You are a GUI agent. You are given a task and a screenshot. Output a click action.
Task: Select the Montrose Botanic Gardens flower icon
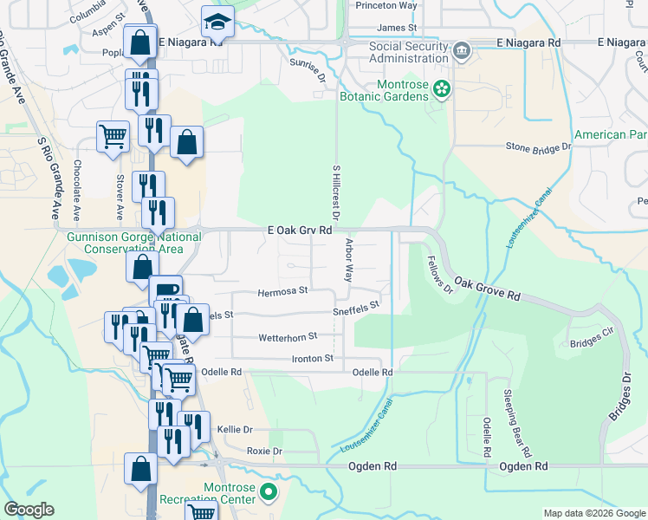[442, 88]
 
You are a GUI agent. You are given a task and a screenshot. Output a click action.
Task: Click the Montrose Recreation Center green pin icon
[269, 494]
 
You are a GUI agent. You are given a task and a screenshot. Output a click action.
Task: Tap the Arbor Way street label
[349, 261]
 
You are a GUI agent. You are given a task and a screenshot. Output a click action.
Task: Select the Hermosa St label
[282, 291]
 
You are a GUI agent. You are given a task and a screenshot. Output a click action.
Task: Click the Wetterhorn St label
[288, 336]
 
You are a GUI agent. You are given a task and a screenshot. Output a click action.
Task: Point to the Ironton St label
[312, 358]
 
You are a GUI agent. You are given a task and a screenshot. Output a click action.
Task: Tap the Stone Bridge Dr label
[538, 147]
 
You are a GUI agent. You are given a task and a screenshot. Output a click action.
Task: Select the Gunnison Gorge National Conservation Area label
[129, 243]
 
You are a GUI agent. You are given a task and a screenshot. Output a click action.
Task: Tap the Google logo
[29, 510]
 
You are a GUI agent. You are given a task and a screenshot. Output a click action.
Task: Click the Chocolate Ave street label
[77, 190]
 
